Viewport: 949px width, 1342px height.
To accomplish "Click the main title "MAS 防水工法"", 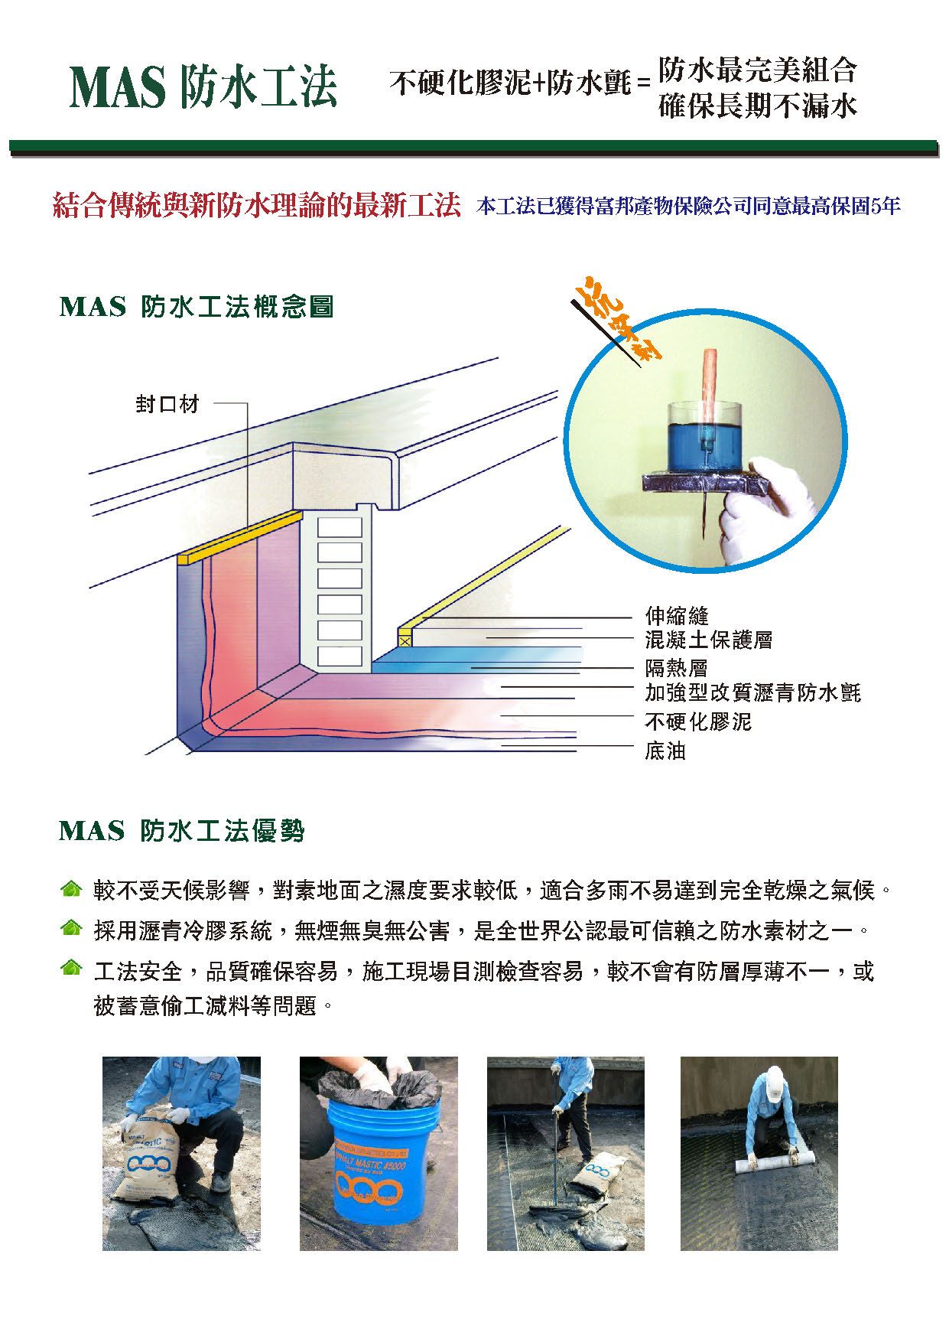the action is click(x=203, y=87).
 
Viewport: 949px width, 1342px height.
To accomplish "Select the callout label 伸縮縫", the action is click(x=677, y=616).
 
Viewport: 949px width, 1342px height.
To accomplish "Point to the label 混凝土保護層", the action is click(x=709, y=640).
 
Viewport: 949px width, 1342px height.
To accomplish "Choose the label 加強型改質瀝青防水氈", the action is click(x=753, y=693).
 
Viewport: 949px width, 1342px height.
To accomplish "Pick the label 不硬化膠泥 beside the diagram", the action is click(x=698, y=721).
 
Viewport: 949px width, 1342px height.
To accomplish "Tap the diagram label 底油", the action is click(x=665, y=751).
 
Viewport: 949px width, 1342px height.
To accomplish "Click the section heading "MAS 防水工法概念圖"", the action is click(x=197, y=308).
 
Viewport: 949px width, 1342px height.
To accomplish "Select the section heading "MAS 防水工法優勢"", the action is click(x=182, y=831).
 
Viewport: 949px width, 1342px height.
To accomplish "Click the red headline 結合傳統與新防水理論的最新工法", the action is click(x=257, y=206).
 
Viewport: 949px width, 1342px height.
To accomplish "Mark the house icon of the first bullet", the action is click(x=70, y=889).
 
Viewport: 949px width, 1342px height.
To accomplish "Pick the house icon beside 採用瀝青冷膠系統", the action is click(x=70, y=929).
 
